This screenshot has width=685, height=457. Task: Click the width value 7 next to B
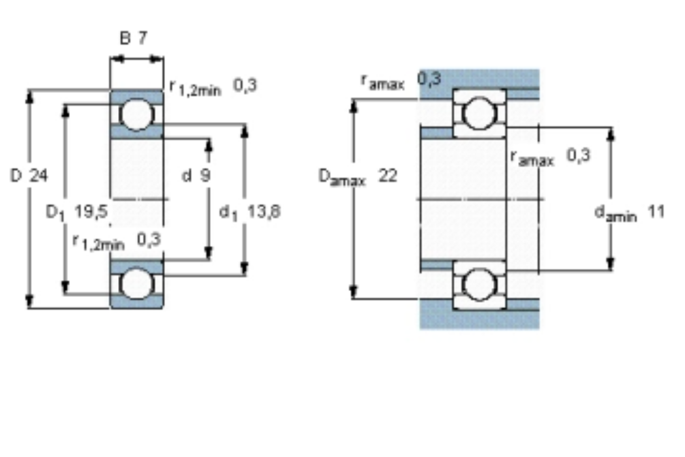143,38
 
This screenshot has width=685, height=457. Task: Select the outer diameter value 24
38,176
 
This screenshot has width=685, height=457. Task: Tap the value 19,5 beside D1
91,212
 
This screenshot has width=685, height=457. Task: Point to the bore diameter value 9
205,176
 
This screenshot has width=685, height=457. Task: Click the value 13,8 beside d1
264,212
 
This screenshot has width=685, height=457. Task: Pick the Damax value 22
388,176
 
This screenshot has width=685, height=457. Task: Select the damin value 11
656,212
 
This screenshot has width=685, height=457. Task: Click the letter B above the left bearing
125,38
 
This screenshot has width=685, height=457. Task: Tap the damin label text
616,213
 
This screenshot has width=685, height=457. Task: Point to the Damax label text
342,177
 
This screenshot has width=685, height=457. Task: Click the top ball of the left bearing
137,115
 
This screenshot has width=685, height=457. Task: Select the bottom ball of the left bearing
137,284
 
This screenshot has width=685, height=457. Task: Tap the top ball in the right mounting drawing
479,113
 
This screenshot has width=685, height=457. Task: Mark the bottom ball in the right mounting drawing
479,284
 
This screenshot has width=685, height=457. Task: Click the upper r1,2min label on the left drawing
195,88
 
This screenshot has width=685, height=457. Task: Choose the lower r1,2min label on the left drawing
99,242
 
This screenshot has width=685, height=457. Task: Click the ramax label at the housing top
383,82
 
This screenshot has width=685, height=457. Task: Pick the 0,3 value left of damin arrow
579,155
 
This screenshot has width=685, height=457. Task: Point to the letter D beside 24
16,176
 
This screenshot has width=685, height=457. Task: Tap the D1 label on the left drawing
55,213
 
